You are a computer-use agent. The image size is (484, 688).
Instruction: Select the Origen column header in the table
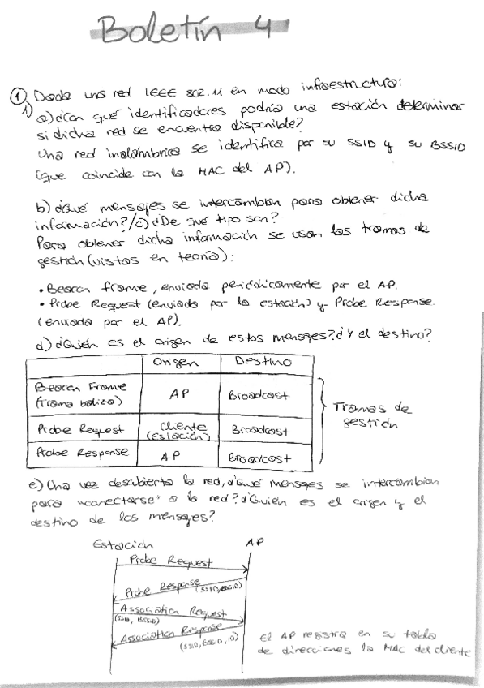coord(178,363)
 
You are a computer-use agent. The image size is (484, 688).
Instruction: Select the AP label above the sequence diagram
coord(254,542)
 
